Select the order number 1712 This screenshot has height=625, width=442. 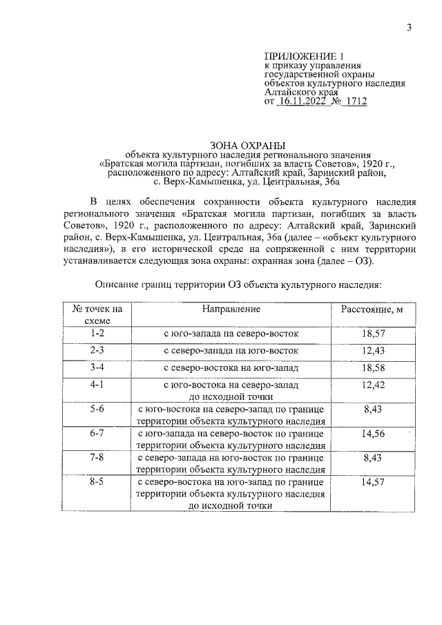354,101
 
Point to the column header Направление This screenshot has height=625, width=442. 231,309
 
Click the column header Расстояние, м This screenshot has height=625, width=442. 372,309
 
